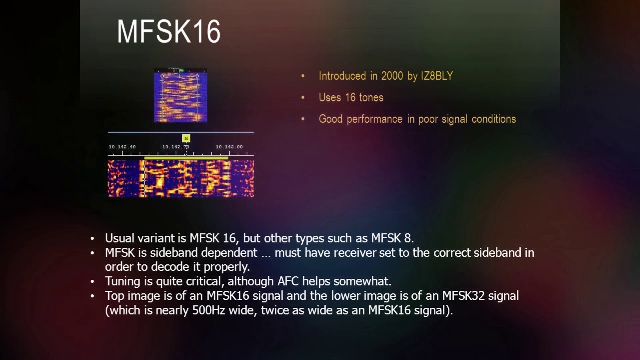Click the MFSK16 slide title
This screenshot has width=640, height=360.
pyautogui.click(x=169, y=32)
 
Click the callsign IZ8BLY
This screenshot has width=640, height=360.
pyautogui.click(x=436, y=76)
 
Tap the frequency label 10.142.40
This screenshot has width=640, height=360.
pyautogui.click(x=122, y=147)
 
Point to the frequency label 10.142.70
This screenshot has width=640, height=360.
pyautogui.click(x=175, y=147)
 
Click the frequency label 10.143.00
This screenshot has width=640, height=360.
pyautogui.click(x=229, y=147)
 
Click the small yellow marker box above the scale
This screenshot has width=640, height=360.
pyautogui.click(x=186, y=138)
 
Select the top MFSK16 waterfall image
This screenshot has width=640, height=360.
pyautogui.click(x=180, y=95)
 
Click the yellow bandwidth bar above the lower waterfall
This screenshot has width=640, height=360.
pyautogui.click(x=186, y=158)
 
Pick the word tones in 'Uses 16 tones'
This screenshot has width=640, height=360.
pyautogui.click(x=370, y=98)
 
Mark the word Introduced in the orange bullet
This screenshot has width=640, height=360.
pyautogui.click(x=342, y=76)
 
